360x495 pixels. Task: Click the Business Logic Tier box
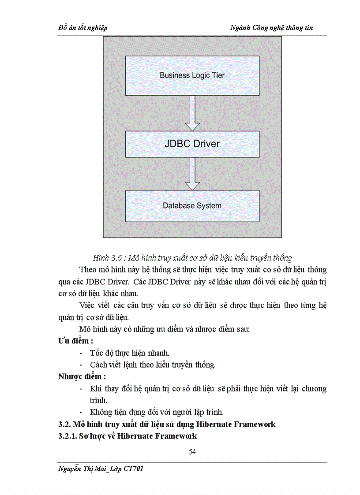(192, 75)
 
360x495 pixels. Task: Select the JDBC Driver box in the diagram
(192, 144)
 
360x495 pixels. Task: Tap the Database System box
(192, 205)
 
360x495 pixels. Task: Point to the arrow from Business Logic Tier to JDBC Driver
(192, 113)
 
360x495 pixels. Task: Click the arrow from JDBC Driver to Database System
(192, 173)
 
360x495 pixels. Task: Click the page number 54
(192, 451)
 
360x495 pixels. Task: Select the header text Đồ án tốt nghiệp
(83, 28)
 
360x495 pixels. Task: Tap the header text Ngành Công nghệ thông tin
(272, 28)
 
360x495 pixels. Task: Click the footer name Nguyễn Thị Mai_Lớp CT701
(101, 469)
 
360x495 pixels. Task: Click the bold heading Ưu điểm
(75, 341)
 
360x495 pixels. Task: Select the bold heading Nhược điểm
(82, 376)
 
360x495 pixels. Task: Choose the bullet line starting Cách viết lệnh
(152, 365)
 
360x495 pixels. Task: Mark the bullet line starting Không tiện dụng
(157, 412)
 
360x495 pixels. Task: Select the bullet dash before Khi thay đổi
(81, 389)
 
